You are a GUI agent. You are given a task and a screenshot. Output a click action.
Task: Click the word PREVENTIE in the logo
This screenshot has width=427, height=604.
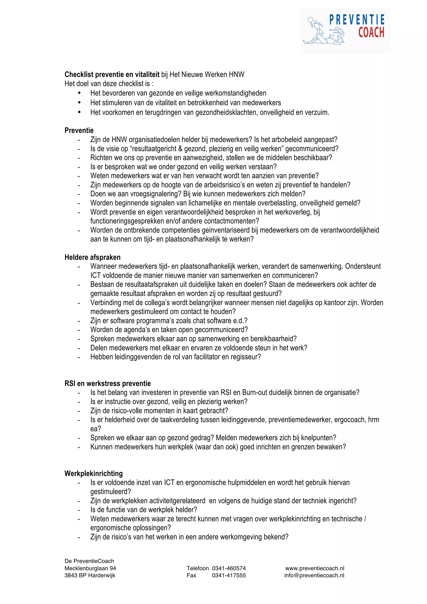(x=357, y=20)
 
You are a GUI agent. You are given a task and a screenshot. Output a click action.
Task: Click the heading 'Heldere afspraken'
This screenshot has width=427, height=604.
(x=92, y=257)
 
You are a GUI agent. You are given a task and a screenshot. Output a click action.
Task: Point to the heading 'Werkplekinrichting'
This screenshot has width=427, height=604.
(x=93, y=474)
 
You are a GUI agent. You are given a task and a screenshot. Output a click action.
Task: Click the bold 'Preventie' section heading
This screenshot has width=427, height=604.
(x=79, y=130)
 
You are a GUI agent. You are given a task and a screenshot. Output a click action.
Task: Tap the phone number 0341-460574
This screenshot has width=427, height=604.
(x=229, y=568)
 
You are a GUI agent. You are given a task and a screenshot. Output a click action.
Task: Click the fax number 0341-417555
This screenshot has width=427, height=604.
(x=229, y=575)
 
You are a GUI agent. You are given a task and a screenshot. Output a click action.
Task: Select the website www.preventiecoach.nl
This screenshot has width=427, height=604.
(x=315, y=568)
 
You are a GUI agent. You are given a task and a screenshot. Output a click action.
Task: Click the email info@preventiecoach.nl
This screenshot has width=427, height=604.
(x=314, y=575)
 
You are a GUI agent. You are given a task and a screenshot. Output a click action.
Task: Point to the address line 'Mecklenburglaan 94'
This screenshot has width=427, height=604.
(x=90, y=568)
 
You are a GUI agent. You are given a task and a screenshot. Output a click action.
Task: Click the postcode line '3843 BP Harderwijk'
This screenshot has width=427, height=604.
(x=90, y=575)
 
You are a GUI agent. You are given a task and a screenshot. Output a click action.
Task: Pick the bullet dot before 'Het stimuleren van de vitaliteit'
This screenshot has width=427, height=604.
(x=79, y=102)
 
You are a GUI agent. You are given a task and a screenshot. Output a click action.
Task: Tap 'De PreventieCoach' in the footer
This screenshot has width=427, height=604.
(x=89, y=561)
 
